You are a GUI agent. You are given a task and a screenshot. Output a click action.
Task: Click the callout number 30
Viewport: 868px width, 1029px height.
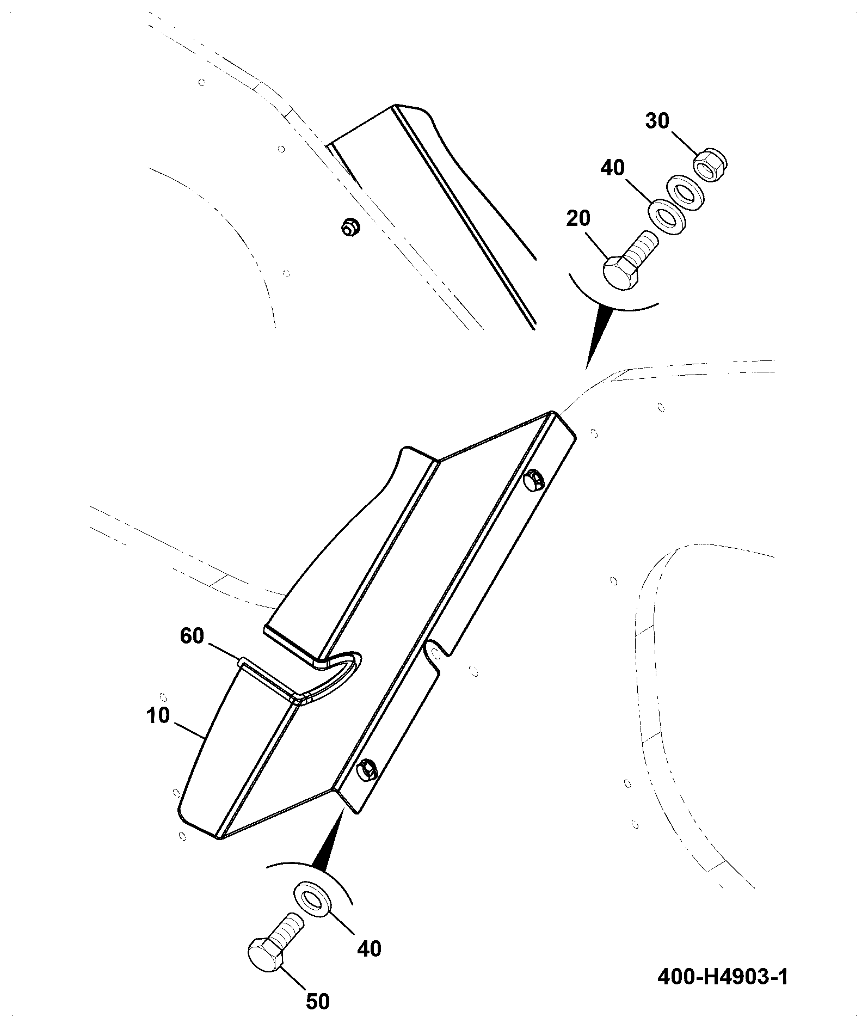point(657,121)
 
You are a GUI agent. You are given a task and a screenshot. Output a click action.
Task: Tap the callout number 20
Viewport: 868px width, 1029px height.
point(578,219)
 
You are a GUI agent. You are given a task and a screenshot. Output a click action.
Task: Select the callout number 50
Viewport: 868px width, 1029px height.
point(318,1001)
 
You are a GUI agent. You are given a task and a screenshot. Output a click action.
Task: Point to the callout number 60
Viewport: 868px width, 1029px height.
point(192,635)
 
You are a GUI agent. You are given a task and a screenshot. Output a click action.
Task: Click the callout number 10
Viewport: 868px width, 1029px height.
point(158,715)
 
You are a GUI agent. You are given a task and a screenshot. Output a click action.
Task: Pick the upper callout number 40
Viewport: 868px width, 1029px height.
point(612,168)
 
